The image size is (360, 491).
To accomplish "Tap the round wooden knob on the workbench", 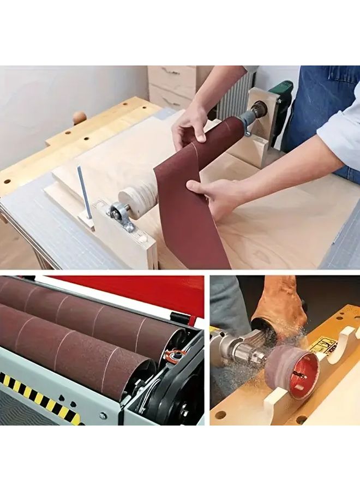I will [80, 117].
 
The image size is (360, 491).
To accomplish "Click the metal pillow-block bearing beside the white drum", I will [119, 214].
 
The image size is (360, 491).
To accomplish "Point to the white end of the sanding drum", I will [135, 200].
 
